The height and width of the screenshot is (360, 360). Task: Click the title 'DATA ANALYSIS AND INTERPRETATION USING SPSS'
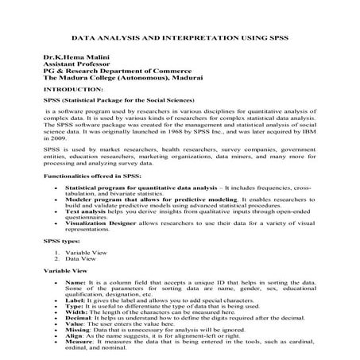180,37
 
